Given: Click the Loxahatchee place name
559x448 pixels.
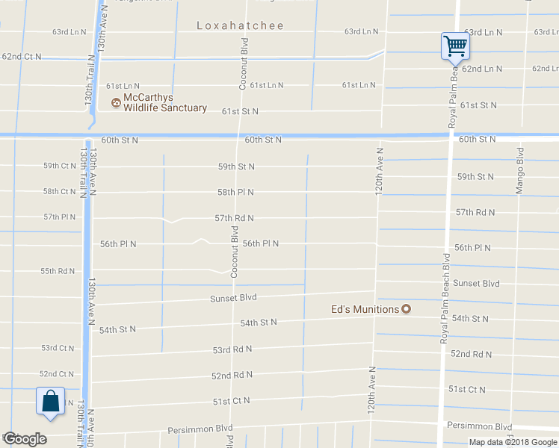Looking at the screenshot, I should tap(240, 25).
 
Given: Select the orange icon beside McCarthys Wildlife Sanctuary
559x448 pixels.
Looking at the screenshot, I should tap(116, 102).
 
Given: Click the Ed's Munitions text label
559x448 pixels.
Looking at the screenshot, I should tap(365, 309).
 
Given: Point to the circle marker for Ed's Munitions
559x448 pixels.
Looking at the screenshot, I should tap(407, 309).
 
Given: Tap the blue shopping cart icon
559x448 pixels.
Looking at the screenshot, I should tap(454, 46).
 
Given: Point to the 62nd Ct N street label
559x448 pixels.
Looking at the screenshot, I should tap(22, 57).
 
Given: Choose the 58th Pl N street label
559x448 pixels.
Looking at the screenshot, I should tap(235, 192).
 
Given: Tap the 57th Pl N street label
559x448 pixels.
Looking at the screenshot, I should tap(59, 217).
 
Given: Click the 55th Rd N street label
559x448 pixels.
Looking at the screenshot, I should tap(58, 271).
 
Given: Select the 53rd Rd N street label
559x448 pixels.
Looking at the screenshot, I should tap(232, 349).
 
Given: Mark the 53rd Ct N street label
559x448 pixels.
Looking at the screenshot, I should tap(58, 348).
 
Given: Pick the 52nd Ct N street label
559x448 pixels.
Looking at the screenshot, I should tap(57, 374).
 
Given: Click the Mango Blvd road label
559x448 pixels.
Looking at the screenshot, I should tap(519, 170).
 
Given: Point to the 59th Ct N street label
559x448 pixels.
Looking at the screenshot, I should tap(60, 166).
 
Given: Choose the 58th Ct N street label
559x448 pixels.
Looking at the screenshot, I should tap(60, 191).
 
